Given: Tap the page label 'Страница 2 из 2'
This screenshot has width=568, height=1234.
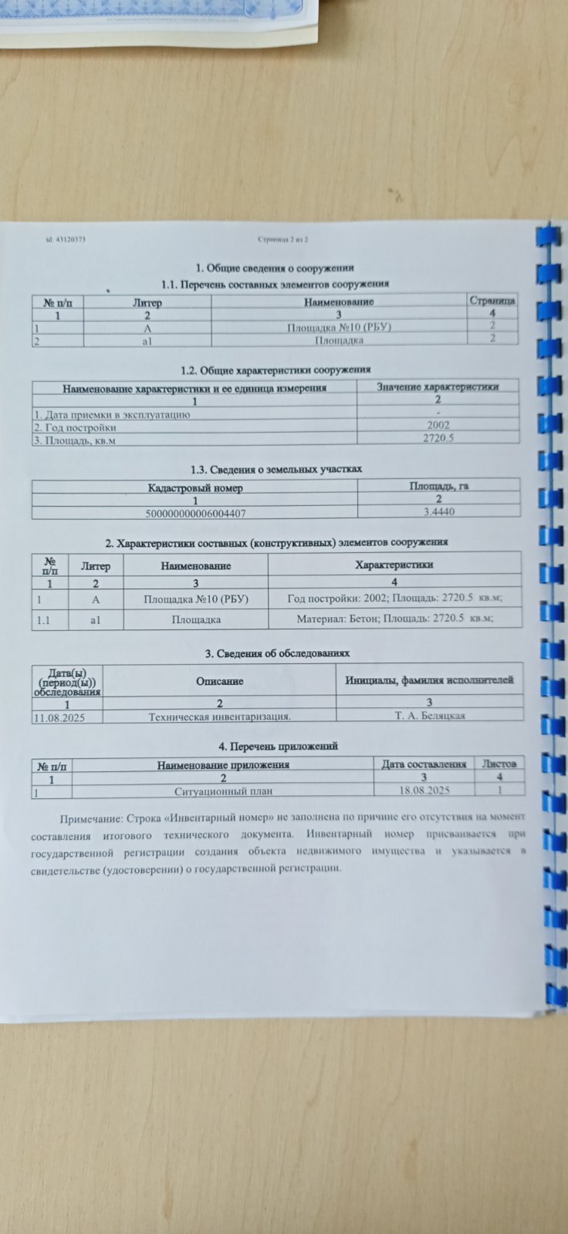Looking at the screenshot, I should coord(283,240).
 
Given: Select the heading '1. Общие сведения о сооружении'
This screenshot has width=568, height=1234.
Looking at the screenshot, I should coord(275,268).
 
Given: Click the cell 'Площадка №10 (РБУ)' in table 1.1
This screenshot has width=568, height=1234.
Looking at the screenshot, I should coord(340,327).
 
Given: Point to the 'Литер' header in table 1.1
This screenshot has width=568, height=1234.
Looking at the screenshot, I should coord(147,302).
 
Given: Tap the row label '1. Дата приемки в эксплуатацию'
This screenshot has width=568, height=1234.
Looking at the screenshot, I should coord(111,414).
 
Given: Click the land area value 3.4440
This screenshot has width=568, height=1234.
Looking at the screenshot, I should coord(438,511).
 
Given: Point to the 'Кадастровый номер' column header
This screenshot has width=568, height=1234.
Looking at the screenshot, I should coord(195,488).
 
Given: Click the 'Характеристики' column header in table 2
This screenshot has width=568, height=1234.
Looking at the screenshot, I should coord(394,565).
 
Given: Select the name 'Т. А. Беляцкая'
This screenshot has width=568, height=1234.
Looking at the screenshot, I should coord(429,715).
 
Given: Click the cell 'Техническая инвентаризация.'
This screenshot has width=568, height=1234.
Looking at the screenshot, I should coord(220,716).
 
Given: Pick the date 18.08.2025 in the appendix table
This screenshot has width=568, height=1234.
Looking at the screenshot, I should coord(424,791).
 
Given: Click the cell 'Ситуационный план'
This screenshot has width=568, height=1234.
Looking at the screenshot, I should coord(224,791).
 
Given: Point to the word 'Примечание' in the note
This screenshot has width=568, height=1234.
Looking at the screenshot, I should coord(91,817).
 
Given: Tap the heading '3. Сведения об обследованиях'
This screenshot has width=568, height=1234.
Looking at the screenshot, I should coord(277,653).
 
